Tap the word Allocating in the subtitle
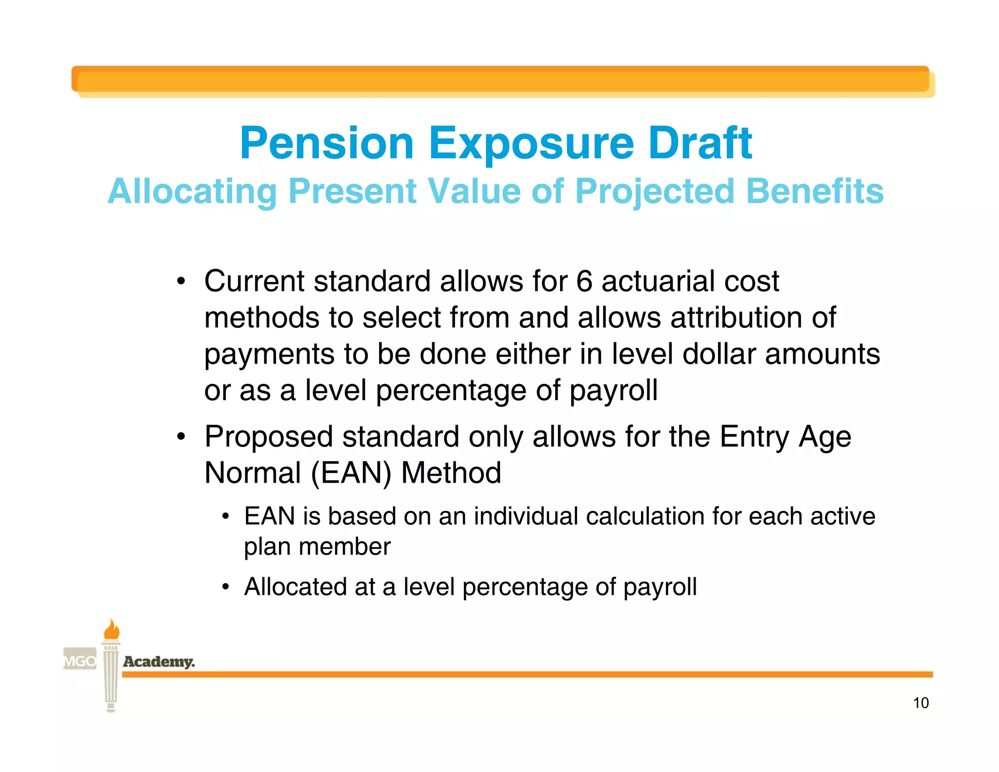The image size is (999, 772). pyautogui.click(x=192, y=191)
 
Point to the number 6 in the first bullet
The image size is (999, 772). pyautogui.click(x=584, y=281)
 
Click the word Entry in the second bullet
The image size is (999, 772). pyautogui.click(x=754, y=437)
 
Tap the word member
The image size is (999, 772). pyautogui.click(x=344, y=547)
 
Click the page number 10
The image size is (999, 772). pyautogui.click(x=920, y=703)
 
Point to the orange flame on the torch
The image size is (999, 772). pyautogui.click(x=112, y=630)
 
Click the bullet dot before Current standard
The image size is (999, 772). pyautogui.click(x=181, y=282)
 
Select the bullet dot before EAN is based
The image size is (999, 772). pyautogui.click(x=225, y=517)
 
